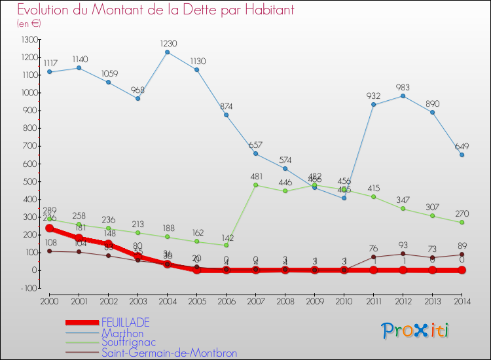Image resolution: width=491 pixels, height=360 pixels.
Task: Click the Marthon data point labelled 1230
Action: [x=167, y=52]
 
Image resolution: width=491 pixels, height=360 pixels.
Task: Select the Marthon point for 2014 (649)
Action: [x=462, y=155]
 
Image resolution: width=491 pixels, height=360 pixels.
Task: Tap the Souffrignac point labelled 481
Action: [x=255, y=185]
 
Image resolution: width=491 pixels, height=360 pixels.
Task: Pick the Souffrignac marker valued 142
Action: [x=226, y=245]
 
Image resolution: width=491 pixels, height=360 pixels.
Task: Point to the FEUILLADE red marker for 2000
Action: [x=49, y=228]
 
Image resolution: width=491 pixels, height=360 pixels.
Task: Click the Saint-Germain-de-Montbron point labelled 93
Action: [x=403, y=253]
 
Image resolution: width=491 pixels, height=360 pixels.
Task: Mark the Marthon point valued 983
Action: [x=403, y=96]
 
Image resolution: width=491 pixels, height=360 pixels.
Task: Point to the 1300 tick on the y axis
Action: [x=29, y=39]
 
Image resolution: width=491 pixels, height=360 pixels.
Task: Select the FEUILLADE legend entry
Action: [x=126, y=322]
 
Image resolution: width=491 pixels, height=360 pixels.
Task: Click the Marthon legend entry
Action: [x=122, y=333]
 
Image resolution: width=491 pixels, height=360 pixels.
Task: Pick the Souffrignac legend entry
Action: [x=129, y=342]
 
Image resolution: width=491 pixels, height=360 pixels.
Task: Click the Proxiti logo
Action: [x=415, y=331]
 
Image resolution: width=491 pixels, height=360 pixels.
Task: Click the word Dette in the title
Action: [x=181, y=10]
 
